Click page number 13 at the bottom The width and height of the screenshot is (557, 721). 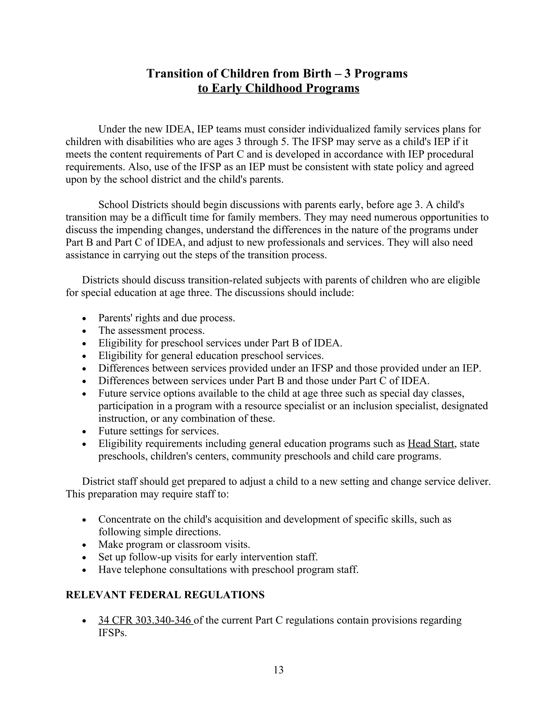click(278, 670)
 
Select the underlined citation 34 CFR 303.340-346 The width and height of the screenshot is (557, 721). click(145, 620)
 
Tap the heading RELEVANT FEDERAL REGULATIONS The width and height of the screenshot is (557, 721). click(165, 595)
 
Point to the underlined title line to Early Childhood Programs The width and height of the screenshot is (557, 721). click(278, 88)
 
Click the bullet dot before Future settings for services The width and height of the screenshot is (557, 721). click(85, 432)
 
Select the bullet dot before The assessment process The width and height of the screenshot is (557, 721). click(85, 331)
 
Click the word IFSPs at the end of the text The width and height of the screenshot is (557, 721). click(112, 633)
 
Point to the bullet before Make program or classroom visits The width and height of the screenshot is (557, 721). click(85, 545)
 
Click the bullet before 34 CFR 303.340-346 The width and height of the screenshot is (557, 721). click(85, 621)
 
